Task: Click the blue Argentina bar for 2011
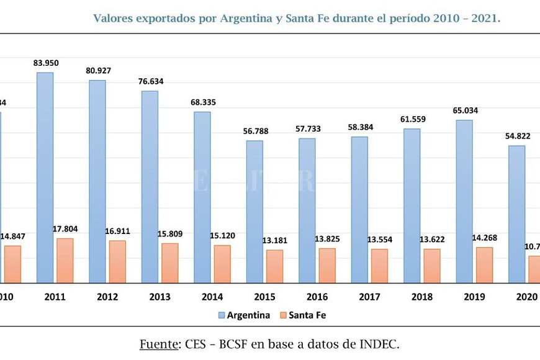tap(45, 178)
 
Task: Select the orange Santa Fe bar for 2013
tap(169, 263)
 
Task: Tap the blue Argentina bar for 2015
tap(254, 212)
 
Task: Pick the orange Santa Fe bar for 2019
tap(484, 264)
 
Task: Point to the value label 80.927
tap(98, 71)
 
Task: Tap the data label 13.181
tap(274, 240)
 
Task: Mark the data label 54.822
tap(517, 136)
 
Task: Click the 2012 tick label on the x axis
tap(107, 297)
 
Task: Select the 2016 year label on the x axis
tap(317, 297)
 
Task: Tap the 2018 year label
tap(421, 297)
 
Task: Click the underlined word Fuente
tap(158, 343)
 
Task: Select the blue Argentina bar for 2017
tap(359, 210)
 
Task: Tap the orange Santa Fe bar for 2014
tap(222, 264)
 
